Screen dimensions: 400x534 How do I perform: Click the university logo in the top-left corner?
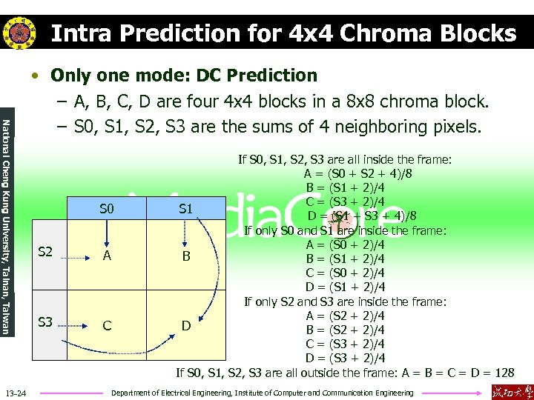[19, 32]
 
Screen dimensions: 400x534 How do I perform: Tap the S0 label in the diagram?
[107, 210]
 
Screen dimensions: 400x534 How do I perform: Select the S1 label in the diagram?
[185, 210]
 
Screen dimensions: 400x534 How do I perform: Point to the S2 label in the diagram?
[45, 252]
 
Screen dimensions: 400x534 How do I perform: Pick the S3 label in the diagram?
[45, 322]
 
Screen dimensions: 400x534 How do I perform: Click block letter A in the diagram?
[108, 256]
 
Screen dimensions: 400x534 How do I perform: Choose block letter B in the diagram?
[186, 256]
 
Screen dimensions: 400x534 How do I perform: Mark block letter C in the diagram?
[108, 326]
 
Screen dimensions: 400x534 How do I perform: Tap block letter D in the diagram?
[186, 326]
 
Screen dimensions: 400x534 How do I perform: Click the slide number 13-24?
[16, 393]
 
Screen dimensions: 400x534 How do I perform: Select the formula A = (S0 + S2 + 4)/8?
[359, 174]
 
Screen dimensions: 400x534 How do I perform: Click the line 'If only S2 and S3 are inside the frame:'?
[346, 301]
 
